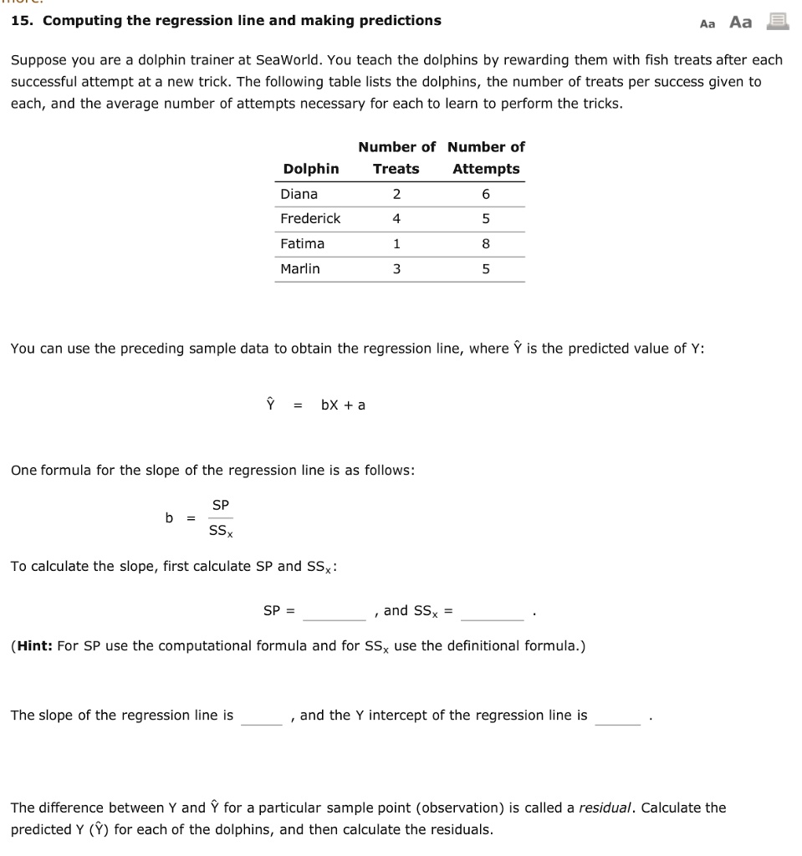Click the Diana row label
(x=299, y=194)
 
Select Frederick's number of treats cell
(x=396, y=219)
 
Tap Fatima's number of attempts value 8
(x=486, y=244)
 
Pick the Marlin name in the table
(x=299, y=269)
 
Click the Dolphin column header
(x=311, y=169)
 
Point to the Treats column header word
(x=396, y=169)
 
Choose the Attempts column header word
(x=486, y=169)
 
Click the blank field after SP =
(x=335, y=613)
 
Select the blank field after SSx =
(x=492, y=613)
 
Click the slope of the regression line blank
(x=262, y=716)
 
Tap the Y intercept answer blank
(x=618, y=716)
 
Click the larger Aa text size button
(x=740, y=23)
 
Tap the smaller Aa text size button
(x=707, y=24)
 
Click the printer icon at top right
(x=777, y=22)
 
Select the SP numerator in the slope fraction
(x=221, y=505)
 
